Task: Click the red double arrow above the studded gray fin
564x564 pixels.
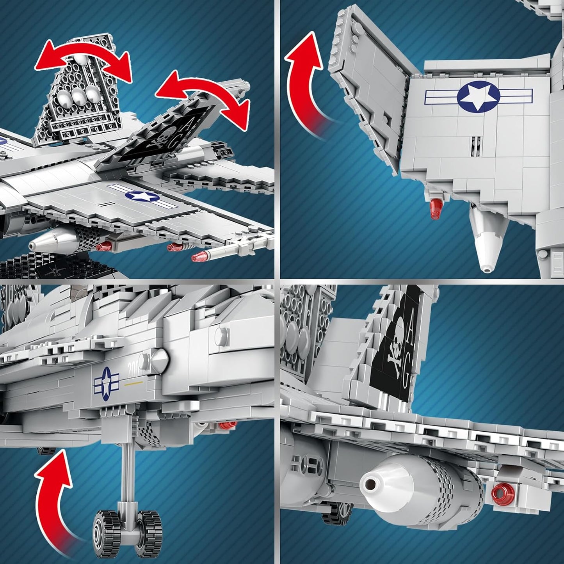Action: tap(83, 59)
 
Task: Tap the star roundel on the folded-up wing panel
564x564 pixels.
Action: tap(479, 97)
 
